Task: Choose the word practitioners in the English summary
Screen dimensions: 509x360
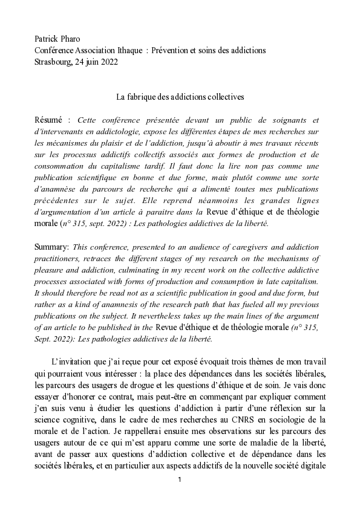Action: pos(59,258)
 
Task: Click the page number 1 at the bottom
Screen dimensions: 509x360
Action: pos(180,479)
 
